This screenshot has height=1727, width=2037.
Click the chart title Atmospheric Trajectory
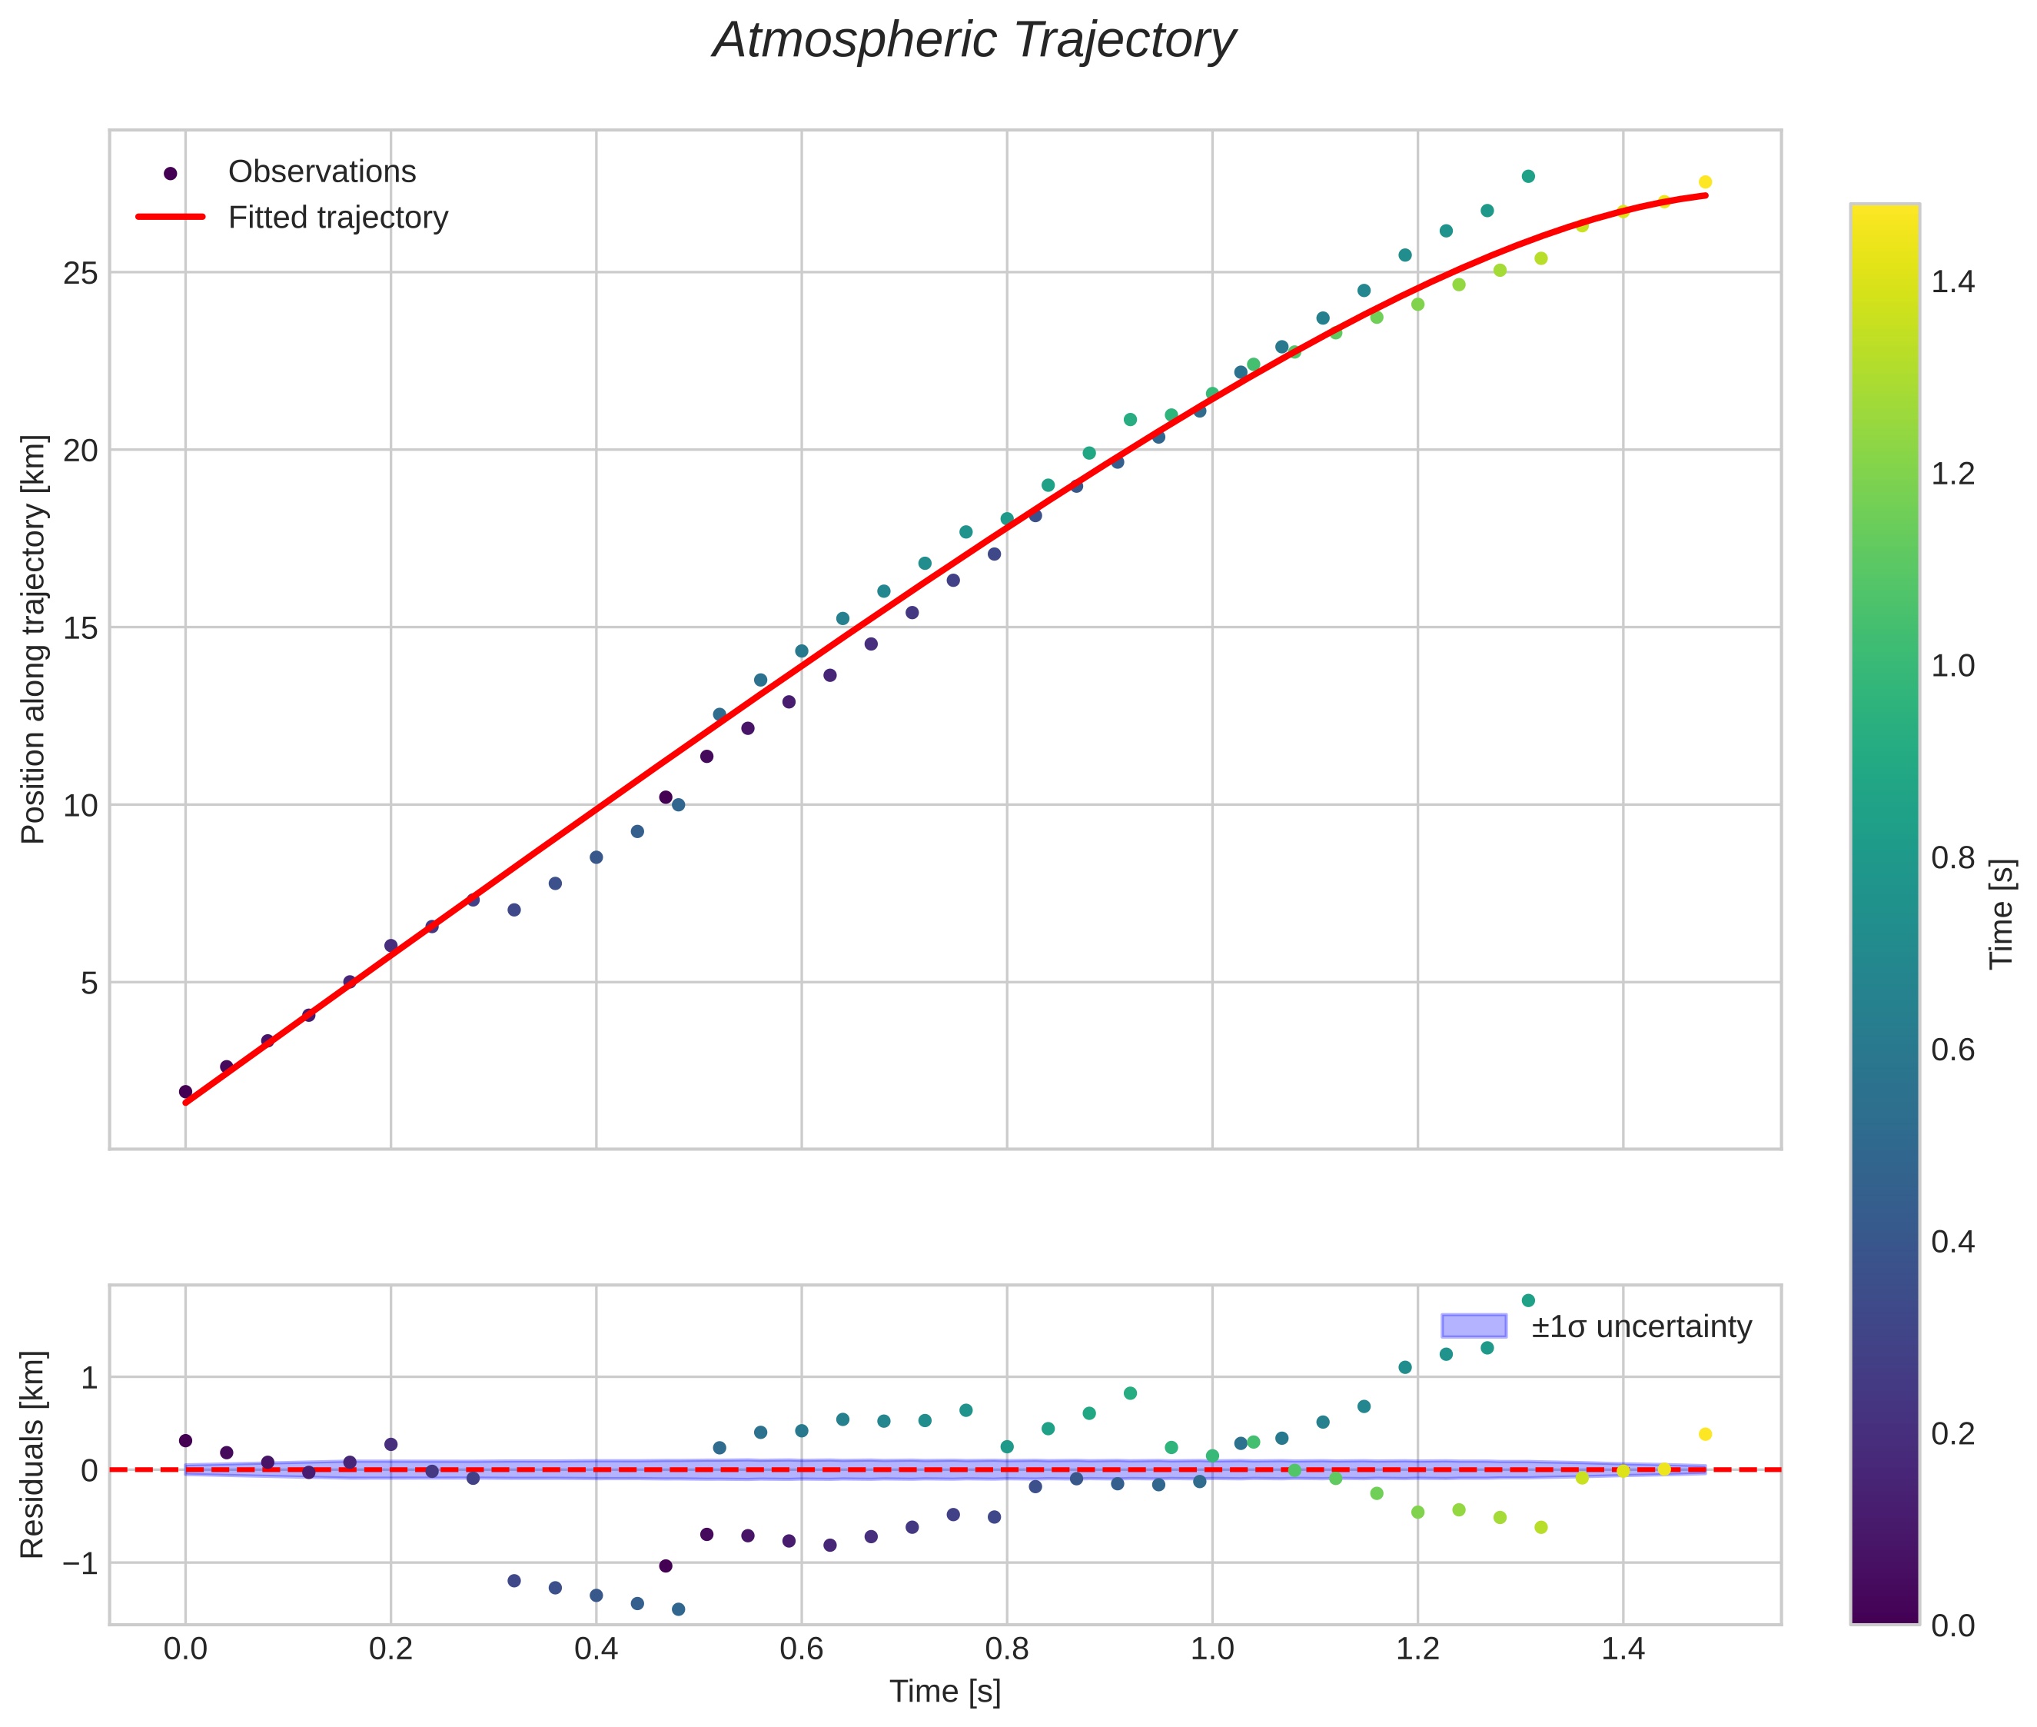(973, 41)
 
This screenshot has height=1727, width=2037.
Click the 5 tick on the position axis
(89, 983)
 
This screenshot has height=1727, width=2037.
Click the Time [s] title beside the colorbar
(2002, 913)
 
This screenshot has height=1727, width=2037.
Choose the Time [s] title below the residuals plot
(945, 1692)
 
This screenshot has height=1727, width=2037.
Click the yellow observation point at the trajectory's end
(1704, 182)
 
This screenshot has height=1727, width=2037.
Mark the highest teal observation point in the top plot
(1527, 176)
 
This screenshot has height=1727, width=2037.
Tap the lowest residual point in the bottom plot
(677, 1609)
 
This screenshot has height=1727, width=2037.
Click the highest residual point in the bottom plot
(1527, 1301)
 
